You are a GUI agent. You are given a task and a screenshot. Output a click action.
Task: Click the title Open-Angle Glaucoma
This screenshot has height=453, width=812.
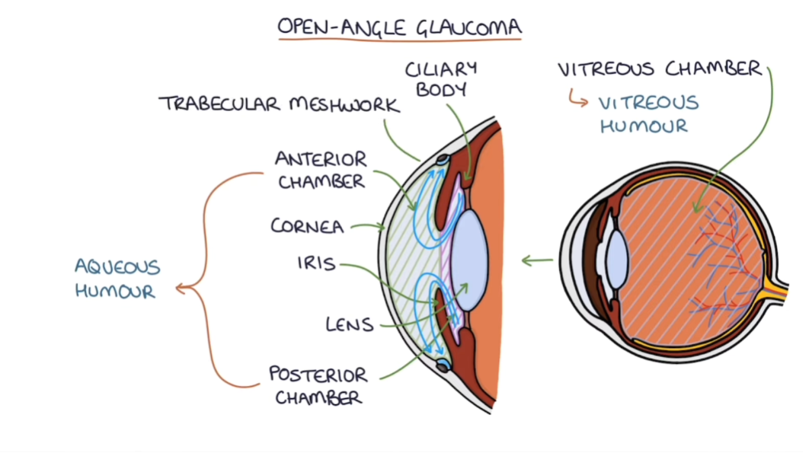click(399, 27)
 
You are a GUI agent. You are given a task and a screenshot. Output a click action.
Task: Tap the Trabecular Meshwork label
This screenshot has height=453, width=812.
click(279, 104)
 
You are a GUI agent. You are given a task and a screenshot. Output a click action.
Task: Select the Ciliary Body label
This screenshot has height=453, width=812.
click(440, 78)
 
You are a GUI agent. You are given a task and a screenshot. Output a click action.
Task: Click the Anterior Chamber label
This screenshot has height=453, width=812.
click(321, 170)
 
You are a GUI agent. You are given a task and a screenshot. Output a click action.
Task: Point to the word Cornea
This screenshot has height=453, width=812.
click(307, 226)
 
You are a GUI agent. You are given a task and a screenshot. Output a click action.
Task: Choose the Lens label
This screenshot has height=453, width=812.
click(350, 324)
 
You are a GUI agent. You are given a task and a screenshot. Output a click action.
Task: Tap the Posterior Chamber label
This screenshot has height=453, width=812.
click(318, 385)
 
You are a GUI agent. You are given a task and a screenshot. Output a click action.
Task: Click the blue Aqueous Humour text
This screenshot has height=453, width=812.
click(117, 279)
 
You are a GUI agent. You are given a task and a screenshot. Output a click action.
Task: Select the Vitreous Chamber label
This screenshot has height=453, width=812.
click(660, 69)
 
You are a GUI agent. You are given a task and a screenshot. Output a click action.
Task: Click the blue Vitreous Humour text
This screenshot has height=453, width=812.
click(648, 114)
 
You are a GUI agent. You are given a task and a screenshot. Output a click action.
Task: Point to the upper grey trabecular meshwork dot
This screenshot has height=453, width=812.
click(443, 161)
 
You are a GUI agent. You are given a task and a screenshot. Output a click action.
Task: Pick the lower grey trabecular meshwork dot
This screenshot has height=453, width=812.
click(443, 366)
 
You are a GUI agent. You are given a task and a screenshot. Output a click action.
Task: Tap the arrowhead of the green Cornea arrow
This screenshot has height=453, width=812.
click(382, 226)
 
